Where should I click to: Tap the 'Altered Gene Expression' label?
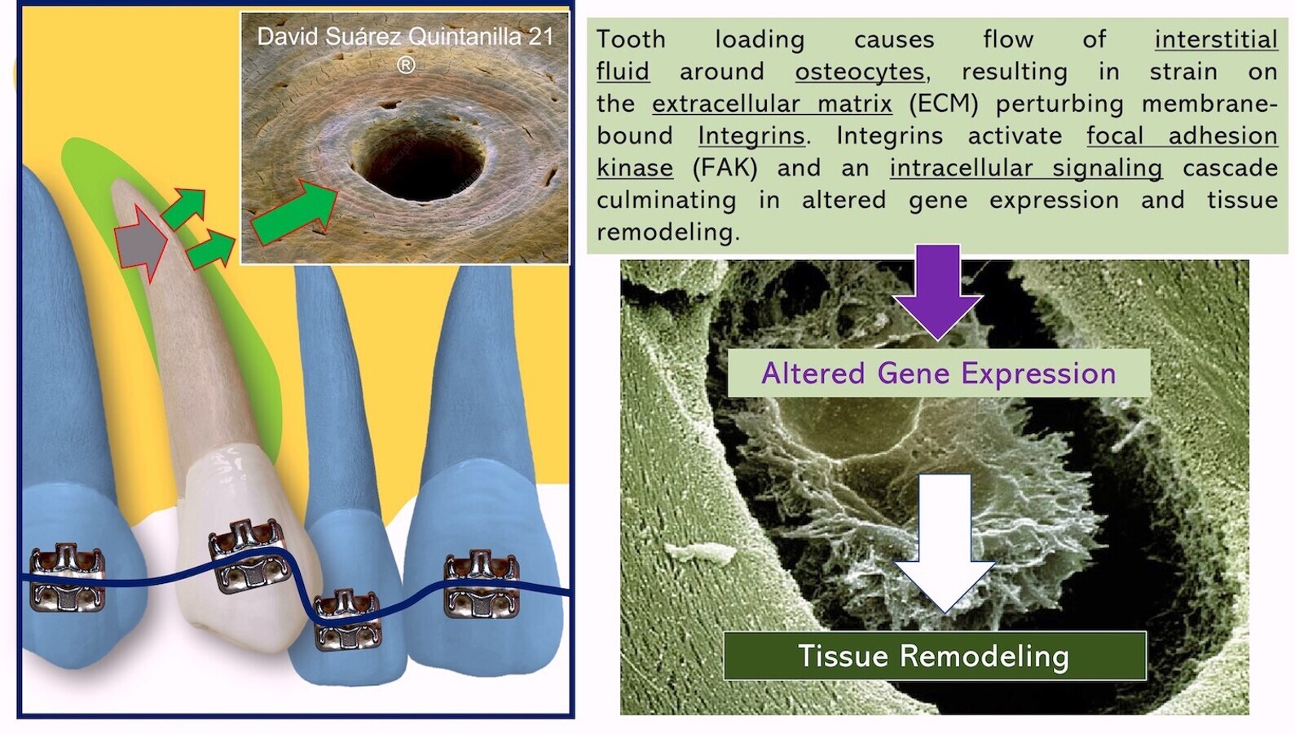939,373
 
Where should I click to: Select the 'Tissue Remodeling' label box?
935,656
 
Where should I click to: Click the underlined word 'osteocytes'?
860,72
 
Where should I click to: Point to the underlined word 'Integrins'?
751,136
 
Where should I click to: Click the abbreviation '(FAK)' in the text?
725,168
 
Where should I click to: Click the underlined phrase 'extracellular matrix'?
772,104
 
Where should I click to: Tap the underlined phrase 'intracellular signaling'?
1026,168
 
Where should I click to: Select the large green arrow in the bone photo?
294,213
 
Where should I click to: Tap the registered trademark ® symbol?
406,64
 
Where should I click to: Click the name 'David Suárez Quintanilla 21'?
405,37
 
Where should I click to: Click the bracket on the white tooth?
248,555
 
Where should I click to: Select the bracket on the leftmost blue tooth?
68,577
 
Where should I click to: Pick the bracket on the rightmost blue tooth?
482,584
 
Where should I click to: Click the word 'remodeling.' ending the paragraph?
667,232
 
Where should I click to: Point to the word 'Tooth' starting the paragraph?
631,39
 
